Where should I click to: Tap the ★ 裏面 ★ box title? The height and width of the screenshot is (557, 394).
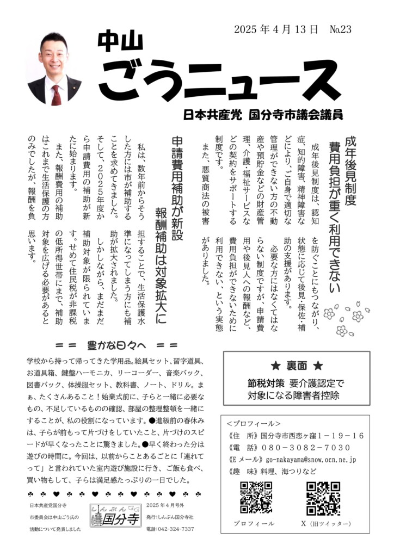tap(297, 366)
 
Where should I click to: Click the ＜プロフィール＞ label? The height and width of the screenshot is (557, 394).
tap(254, 424)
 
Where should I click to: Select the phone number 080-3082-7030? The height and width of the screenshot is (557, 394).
tap(305, 448)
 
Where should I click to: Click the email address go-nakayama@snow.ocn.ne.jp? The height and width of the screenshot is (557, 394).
tap(308, 460)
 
